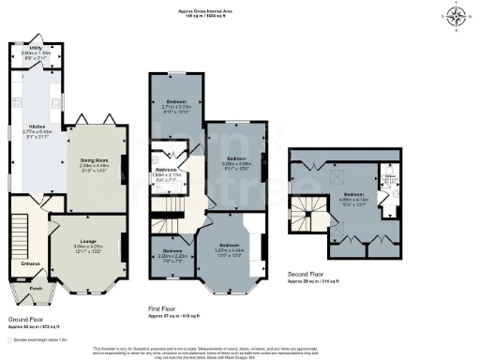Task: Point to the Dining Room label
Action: pyautogui.click(x=94, y=161)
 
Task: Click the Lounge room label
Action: pyautogui.click(x=86, y=247)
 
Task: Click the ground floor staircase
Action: pyautogui.click(x=22, y=239)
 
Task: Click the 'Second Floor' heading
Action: pyautogui.click(x=307, y=275)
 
